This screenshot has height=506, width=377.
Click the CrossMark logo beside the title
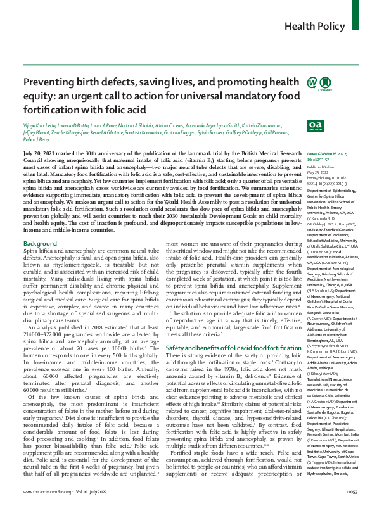coord(295,101)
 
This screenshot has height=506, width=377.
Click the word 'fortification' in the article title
coord(51,126)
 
